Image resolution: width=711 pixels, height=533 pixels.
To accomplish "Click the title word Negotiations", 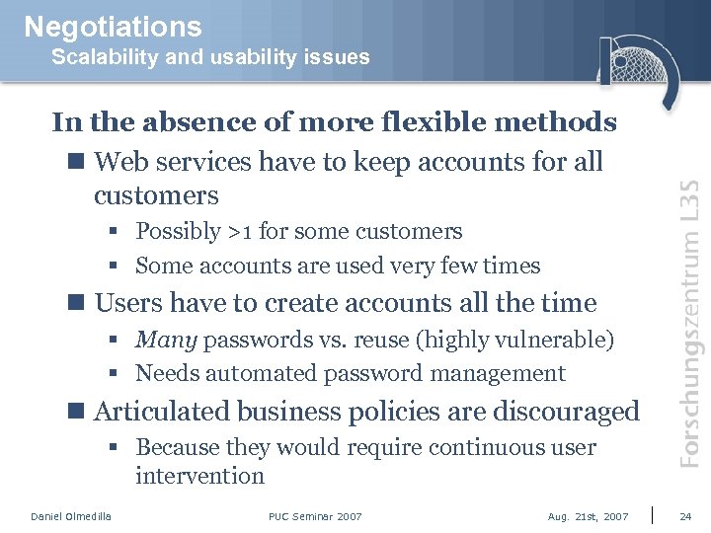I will (113, 27).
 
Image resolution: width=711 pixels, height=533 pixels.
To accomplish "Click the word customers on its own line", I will (156, 194).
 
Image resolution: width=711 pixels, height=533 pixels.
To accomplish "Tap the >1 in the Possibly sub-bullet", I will (240, 232).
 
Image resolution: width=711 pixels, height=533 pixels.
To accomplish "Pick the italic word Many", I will (167, 341).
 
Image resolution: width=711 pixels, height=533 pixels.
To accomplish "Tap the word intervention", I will (200, 476).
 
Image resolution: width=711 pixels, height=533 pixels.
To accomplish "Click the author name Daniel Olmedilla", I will (71, 516).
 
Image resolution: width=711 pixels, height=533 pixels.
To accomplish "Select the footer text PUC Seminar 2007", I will (315, 516).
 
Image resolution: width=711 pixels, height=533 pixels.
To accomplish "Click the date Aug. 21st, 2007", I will (588, 516).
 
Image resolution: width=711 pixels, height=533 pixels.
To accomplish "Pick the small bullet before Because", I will (117, 448).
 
